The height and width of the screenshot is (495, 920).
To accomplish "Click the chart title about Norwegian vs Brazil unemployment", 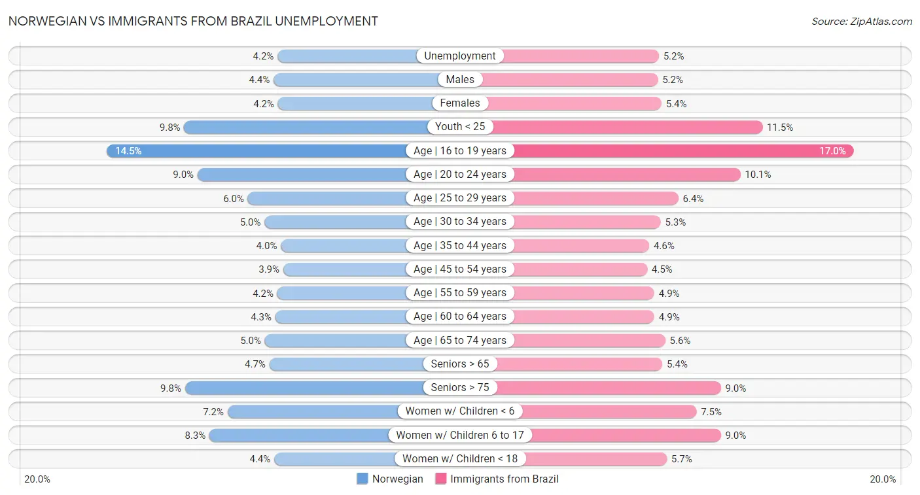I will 193,21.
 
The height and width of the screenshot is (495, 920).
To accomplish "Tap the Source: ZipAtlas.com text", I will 861,22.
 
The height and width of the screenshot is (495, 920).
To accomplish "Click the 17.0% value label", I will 832,151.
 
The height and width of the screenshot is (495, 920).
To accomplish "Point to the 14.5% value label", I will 128,151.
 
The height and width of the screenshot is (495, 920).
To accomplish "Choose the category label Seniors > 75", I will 460,388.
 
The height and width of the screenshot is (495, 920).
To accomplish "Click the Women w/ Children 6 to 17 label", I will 460,435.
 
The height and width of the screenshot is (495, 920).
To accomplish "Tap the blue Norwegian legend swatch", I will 363,479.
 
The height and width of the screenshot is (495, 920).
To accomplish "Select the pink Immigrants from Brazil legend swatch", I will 440,479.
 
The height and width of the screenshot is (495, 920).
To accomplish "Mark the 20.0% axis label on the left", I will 37,479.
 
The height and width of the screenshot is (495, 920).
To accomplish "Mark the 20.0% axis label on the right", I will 882,479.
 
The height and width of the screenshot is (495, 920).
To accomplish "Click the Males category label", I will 460,80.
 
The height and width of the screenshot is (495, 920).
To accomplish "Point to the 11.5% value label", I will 780,128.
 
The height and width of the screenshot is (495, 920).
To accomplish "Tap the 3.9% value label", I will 270,269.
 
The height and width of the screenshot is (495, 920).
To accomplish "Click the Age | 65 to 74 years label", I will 460,340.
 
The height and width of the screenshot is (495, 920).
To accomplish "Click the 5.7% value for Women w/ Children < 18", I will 682,459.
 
